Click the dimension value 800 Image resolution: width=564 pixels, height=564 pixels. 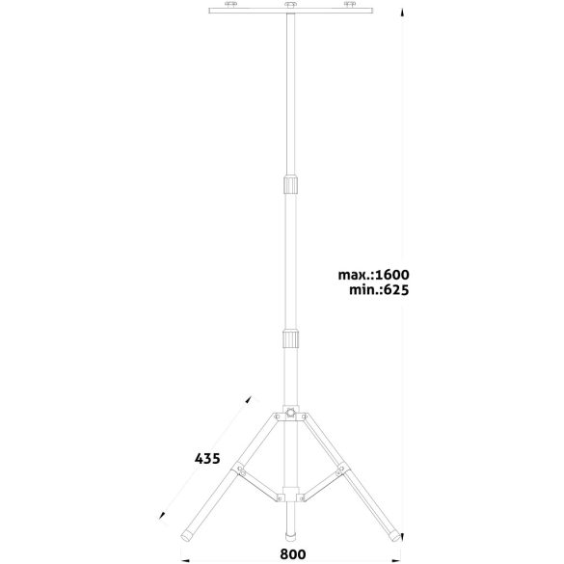coord(293,554)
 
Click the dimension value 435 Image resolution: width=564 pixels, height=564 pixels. coord(207,459)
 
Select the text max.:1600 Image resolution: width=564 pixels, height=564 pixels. coord(373,275)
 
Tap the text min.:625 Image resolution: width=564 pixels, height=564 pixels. coord(379,289)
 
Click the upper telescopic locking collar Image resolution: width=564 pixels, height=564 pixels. coord(290,184)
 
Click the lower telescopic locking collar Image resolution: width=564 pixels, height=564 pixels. coord(290,338)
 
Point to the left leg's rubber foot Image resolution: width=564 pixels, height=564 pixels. coord(187,536)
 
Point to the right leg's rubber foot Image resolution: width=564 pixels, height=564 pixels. coord(394,536)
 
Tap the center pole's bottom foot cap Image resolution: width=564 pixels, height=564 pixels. coord(290,536)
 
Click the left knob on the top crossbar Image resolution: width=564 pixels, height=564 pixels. coord(231,4)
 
